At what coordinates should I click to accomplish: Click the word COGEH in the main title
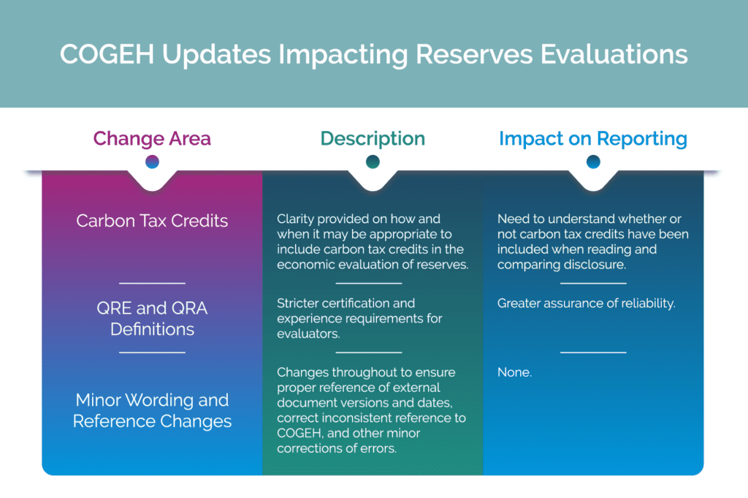[107, 54]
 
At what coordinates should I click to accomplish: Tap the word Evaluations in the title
[614, 54]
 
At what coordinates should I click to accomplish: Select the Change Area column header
[152, 138]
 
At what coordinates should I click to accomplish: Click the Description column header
[373, 138]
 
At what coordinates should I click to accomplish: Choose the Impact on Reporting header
[593, 138]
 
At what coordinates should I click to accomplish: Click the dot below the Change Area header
[152, 162]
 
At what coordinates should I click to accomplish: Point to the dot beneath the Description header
[373, 162]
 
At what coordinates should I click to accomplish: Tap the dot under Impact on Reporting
[593, 162]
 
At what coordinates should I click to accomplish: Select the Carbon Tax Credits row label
[152, 221]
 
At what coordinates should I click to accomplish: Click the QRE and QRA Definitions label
[152, 319]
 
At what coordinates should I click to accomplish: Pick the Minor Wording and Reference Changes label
[152, 410]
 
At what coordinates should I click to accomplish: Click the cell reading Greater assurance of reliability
[587, 303]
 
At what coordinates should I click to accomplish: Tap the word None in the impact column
[514, 372]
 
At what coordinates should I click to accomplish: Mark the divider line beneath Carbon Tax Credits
[152, 283]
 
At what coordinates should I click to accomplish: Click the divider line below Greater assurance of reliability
[593, 352]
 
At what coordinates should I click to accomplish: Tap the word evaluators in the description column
[308, 333]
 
